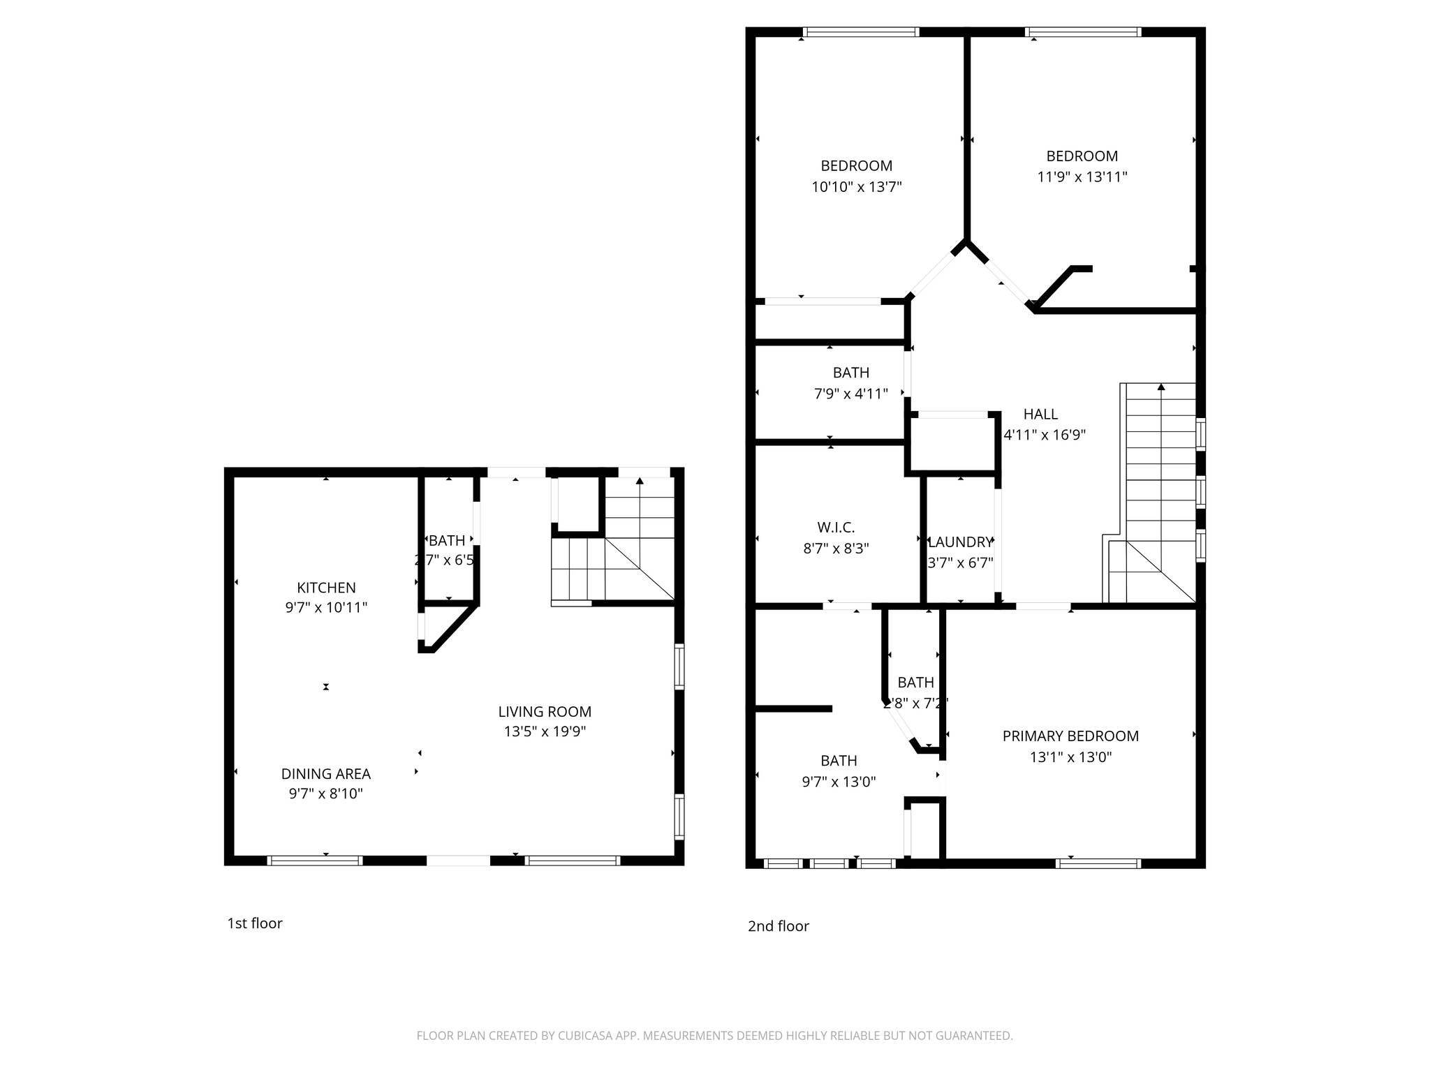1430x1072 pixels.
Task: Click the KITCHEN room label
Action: [x=326, y=588]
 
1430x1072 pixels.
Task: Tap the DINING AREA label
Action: [x=326, y=774]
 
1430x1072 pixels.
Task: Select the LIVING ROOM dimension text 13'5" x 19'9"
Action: [x=545, y=731]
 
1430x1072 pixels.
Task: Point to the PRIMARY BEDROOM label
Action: [x=1070, y=736]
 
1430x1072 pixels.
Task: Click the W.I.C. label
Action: [x=836, y=528]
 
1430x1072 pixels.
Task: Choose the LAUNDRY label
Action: [x=960, y=542]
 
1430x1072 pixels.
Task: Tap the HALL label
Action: [x=1040, y=414]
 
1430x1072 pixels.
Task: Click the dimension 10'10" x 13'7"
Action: [x=856, y=187]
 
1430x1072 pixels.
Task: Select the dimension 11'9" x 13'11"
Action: [x=1082, y=177]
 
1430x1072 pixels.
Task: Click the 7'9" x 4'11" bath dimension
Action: [x=850, y=394]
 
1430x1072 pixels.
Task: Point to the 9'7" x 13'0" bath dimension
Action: [x=839, y=782]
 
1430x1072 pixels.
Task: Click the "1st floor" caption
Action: [x=255, y=923]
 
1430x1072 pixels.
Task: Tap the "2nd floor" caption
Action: [x=778, y=926]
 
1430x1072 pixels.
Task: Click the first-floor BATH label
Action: [x=447, y=541]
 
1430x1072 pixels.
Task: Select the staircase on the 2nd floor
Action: [x=1159, y=489]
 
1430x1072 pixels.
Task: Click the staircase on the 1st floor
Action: [x=613, y=551]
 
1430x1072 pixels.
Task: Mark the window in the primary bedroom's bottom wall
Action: [x=1098, y=863]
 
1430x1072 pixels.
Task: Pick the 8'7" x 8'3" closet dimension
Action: [x=836, y=549]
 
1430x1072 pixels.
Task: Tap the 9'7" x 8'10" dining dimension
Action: [x=326, y=794]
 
